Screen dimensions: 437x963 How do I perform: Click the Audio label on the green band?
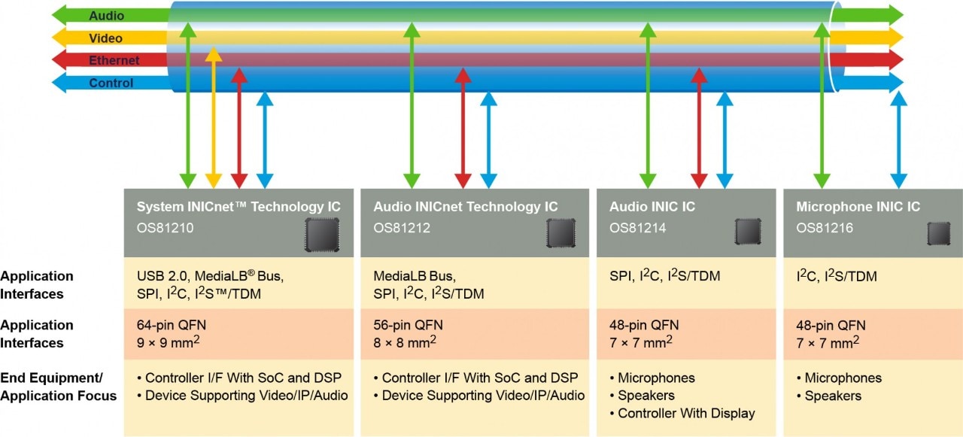pyautogui.click(x=106, y=16)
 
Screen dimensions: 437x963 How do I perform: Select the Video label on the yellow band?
pyautogui.click(x=105, y=38)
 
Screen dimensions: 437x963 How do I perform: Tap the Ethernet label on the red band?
pyautogui.click(x=114, y=60)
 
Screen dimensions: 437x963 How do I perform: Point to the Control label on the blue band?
pyautogui.click(x=111, y=83)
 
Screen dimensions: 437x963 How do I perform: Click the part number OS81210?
pyautogui.click(x=165, y=227)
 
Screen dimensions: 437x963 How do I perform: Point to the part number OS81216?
pyautogui.click(x=825, y=227)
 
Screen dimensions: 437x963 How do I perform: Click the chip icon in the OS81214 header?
pyautogui.click(x=748, y=232)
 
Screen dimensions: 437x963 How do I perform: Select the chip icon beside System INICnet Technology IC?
pyautogui.click(x=321, y=235)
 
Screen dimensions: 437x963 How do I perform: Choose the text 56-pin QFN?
pyautogui.click(x=408, y=325)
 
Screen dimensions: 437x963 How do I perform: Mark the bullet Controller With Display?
pyautogui.click(x=686, y=413)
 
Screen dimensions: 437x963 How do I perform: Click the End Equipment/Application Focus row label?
pyautogui.click(x=58, y=387)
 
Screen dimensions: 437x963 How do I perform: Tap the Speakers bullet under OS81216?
pyautogui.click(x=833, y=396)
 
